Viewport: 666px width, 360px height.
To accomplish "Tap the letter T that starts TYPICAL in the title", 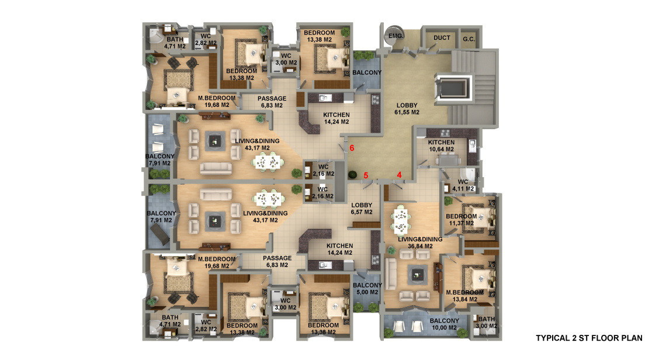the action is point(539,338).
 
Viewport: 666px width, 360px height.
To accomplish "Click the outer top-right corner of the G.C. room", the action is point(483,26).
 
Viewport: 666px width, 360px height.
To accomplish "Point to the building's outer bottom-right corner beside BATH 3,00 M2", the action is point(502,341).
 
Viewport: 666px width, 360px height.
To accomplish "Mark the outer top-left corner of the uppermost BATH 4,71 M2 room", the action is point(143,23).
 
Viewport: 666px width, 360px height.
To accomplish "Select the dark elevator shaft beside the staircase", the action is point(453,88).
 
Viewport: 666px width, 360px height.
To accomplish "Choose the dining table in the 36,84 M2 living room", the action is point(401,220).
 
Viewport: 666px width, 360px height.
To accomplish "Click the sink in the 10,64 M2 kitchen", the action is point(472,146).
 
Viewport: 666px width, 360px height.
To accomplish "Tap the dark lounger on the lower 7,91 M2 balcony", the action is point(159,234).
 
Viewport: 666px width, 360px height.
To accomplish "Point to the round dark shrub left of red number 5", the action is point(352,174).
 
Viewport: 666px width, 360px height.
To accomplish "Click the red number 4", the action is point(399,175).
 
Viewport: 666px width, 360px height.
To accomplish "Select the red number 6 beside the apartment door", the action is point(352,148).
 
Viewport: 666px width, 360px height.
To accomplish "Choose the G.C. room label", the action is point(469,39).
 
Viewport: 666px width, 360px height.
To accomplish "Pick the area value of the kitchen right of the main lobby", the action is point(441,150).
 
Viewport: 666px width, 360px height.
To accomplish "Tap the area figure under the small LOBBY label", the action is point(362,212).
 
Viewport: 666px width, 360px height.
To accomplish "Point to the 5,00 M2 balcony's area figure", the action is point(367,292).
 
